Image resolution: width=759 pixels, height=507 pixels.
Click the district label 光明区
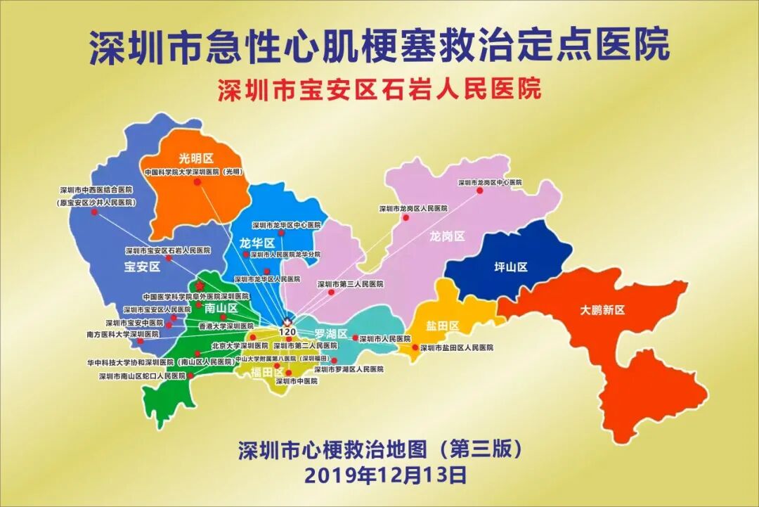click(196, 160)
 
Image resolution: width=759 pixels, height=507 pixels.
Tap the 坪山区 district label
click(510, 267)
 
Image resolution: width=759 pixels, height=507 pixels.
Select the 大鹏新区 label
click(602, 309)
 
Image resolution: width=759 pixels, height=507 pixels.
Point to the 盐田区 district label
click(442, 326)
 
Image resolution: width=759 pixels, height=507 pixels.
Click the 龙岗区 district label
click(448, 237)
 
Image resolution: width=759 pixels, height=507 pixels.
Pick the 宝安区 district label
click(143, 267)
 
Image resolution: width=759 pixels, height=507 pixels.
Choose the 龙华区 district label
click(257, 243)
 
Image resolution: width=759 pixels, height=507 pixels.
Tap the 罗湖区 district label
click(331, 333)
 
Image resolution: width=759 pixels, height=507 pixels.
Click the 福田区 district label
click(267, 372)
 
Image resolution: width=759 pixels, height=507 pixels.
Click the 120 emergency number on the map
click(287, 331)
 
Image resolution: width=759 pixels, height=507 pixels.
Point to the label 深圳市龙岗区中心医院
click(491, 183)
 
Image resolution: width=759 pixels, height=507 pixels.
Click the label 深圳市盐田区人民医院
click(457, 347)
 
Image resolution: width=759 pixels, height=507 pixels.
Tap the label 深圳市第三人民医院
click(351, 284)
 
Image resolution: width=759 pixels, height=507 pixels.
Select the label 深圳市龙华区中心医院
click(286, 226)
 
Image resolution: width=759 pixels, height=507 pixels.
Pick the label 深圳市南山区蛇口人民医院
click(143, 376)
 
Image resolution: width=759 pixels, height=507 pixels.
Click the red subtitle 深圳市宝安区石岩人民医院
click(379, 91)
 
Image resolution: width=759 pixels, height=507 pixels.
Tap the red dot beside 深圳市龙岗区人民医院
click(406, 218)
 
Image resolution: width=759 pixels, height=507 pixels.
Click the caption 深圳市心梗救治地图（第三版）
click(380, 448)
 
